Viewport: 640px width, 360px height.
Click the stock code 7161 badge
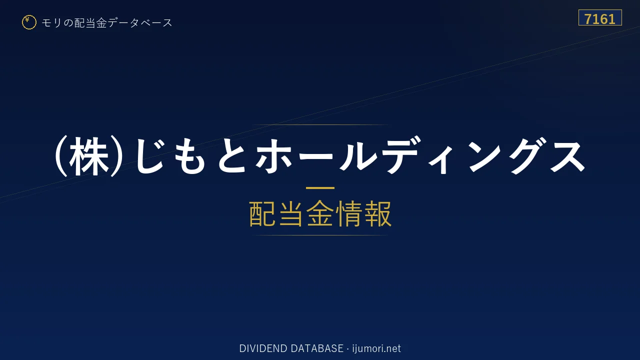click(600, 17)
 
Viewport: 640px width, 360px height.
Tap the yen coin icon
click(29, 22)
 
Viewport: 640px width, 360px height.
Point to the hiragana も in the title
click(190, 156)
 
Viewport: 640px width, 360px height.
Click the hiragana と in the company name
click(232, 156)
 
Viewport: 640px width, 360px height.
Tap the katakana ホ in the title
click(274, 156)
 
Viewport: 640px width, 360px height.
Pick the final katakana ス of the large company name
click(567, 156)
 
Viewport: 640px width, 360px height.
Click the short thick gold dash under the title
click(320, 188)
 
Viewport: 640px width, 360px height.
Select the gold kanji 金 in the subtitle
click(320, 213)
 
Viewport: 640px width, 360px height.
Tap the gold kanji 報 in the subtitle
click(377, 213)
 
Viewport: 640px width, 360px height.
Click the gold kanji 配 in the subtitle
click(262, 213)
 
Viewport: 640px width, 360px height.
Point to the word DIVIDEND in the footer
click(263, 348)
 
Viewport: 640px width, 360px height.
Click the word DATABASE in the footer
click(317, 348)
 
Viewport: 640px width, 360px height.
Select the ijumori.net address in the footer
click(376, 348)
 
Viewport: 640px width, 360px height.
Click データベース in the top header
click(140, 23)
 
